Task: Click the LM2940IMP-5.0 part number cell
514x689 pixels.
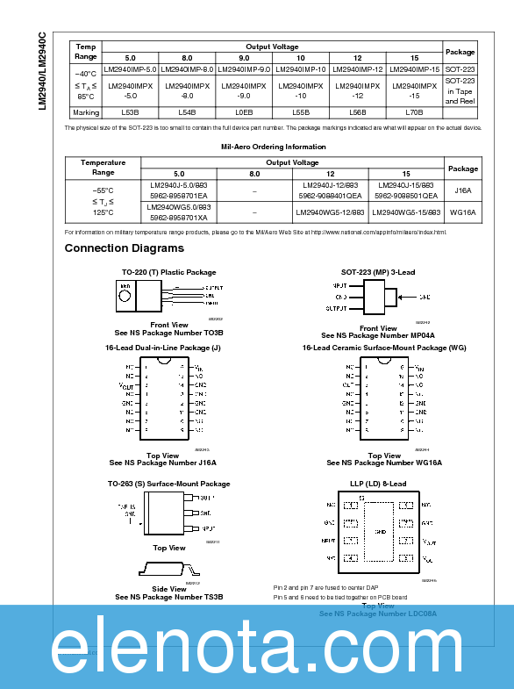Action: (130, 68)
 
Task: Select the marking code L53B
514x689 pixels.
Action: (130, 112)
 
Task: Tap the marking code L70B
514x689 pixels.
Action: (414, 112)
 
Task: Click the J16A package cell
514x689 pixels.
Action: (463, 190)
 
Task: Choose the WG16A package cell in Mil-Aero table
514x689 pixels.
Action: (463, 212)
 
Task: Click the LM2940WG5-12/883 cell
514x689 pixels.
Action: (330, 212)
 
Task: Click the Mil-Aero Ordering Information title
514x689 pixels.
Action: (273, 147)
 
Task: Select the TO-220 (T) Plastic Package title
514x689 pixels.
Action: (169, 272)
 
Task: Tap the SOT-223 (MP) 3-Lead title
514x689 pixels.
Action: (378, 272)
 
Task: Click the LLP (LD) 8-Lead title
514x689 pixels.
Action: (378, 484)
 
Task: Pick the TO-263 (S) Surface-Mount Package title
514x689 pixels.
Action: (169, 484)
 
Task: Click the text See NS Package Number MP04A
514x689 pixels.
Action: (378, 335)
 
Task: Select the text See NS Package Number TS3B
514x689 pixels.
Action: (169, 597)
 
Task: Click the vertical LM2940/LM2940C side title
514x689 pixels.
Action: (43, 70)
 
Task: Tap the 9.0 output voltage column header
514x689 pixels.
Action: (244, 57)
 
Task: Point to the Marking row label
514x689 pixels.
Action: (85, 112)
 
